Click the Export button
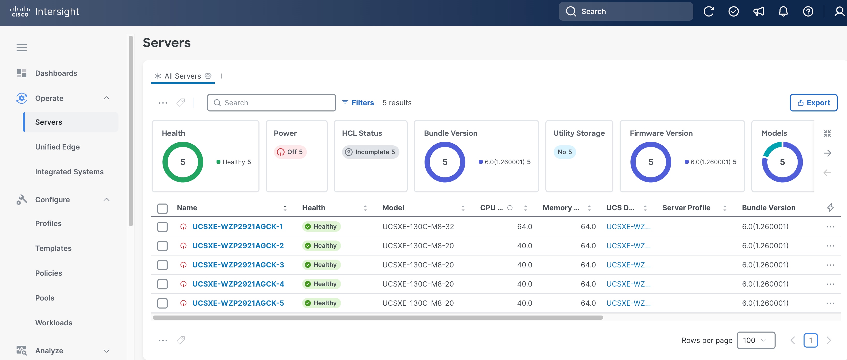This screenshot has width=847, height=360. point(813,103)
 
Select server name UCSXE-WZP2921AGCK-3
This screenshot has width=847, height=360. point(238,265)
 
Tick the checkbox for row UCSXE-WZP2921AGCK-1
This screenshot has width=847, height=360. point(162,227)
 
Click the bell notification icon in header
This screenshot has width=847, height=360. point(783,11)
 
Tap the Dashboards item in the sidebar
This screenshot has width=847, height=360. point(56,73)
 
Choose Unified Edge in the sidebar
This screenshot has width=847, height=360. point(57,147)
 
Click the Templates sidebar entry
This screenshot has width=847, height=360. point(53,248)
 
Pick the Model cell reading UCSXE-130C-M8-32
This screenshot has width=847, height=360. point(418,227)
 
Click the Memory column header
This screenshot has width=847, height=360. point(561,208)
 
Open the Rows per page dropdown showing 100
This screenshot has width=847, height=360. point(756,340)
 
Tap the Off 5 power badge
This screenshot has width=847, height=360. point(290,152)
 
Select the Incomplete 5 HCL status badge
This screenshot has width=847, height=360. point(370,152)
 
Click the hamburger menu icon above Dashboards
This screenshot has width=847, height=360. point(22,48)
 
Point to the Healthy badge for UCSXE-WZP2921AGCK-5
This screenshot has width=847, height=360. point(321,303)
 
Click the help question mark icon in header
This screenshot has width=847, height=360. point(808,11)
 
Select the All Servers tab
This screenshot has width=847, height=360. point(182,76)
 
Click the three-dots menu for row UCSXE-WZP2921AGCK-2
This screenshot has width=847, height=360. point(830,246)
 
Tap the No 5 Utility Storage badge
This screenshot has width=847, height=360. point(564,152)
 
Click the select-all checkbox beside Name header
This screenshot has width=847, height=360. point(162,208)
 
